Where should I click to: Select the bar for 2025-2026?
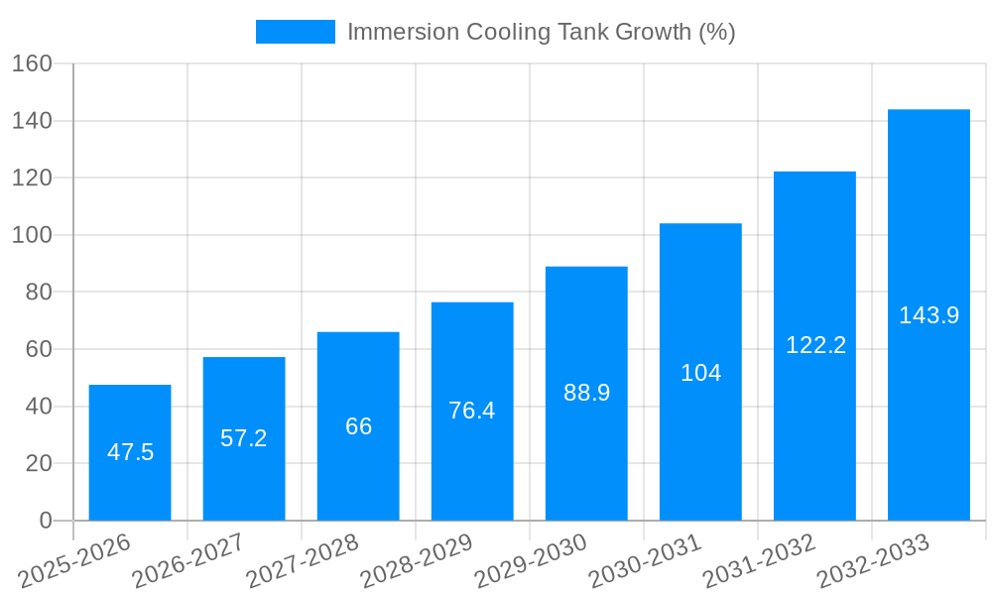pyautogui.click(x=130, y=452)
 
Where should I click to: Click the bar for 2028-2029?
pyautogui.click(x=472, y=411)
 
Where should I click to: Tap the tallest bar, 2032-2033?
pyautogui.click(x=929, y=314)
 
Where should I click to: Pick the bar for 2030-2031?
pyautogui.click(x=700, y=372)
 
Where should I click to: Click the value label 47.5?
pyautogui.click(x=130, y=452)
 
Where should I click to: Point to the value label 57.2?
pyautogui.click(x=244, y=438)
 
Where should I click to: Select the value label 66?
pyautogui.click(x=358, y=426)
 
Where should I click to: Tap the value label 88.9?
pyautogui.click(x=586, y=393)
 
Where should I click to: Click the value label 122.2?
pyautogui.click(x=815, y=345)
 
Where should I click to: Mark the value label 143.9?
pyautogui.click(x=929, y=315)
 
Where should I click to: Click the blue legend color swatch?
pyautogui.click(x=295, y=32)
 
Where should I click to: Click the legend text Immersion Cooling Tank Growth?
pyautogui.click(x=541, y=32)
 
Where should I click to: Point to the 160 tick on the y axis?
pyautogui.click(x=32, y=64)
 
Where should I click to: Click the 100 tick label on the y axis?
pyautogui.click(x=32, y=236)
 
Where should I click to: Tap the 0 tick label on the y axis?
pyautogui.click(x=45, y=521)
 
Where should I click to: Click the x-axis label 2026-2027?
pyautogui.click(x=188, y=561)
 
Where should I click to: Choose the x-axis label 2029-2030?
pyautogui.click(x=531, y=561)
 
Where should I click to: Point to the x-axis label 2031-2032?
pyautogui.click(x=759, y=561)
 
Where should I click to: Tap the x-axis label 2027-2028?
pyautogui.click(x=303, y=561)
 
